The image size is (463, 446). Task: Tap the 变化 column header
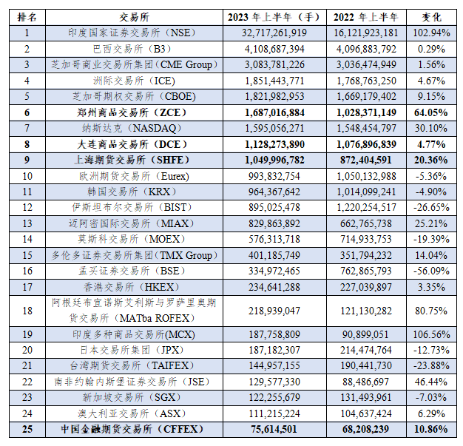pos(432,16)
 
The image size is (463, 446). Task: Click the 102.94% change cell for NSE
pos(432,33)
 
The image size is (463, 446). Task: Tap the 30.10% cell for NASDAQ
pos(432,128)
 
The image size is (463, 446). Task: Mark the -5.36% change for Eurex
pos(432,176)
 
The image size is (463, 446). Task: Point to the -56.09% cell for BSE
pos(432,271)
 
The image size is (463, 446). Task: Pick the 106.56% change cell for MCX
pos(432,334)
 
